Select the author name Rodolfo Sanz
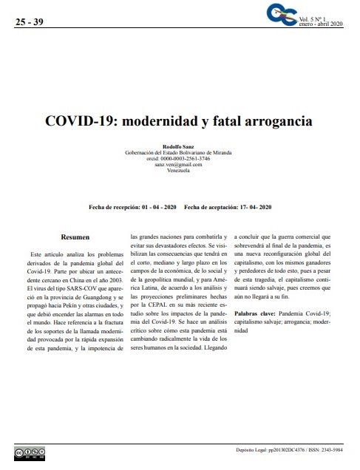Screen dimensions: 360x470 pos(178,146)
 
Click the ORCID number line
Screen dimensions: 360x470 pos(178,158)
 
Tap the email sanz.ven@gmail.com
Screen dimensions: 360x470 pos(178,164)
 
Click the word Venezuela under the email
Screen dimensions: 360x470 pos(178,170)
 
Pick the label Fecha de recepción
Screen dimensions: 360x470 pos(119,208)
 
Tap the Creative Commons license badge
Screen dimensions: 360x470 pos(30,450)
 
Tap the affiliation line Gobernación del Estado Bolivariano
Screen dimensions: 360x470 pos(178,152)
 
